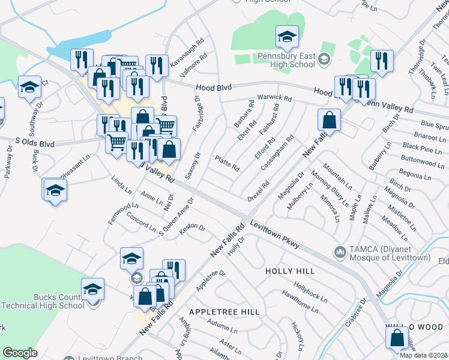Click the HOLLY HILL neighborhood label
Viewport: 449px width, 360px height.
click(x=290, y=272)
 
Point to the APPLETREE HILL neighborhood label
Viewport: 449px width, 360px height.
click(x=224, y=312)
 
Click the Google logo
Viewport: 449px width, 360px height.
click(x=20, y=352)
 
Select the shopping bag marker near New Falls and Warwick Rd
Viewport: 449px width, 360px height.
click(x=330, y=119)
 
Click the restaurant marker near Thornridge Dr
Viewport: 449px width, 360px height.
click(x=382, y=61)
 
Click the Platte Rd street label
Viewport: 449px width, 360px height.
click(x=227, y=163)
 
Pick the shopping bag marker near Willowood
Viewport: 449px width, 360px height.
click(x=397, y=338)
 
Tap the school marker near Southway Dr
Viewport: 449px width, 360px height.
click(x=29, y=88)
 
